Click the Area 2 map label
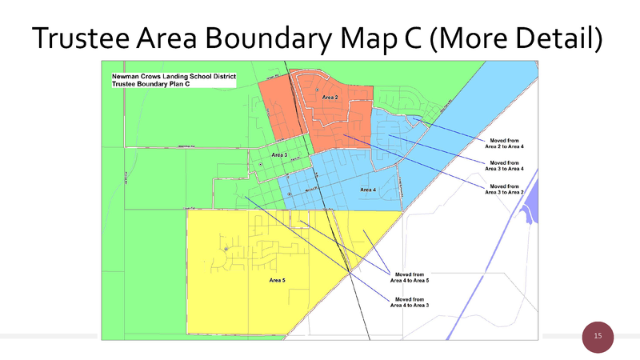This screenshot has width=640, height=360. coord(330,98)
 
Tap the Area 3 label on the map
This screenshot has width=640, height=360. coord(279,154)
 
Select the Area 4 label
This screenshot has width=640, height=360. coord(368,190)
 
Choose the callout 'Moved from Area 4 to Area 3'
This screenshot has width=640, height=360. coord(409,302)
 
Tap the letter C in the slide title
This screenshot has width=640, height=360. coord(410,36)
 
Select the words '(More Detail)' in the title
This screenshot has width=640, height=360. coord(517,36)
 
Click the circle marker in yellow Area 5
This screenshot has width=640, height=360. coord(227,250)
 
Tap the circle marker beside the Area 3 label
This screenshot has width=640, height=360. coord(260,164)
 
